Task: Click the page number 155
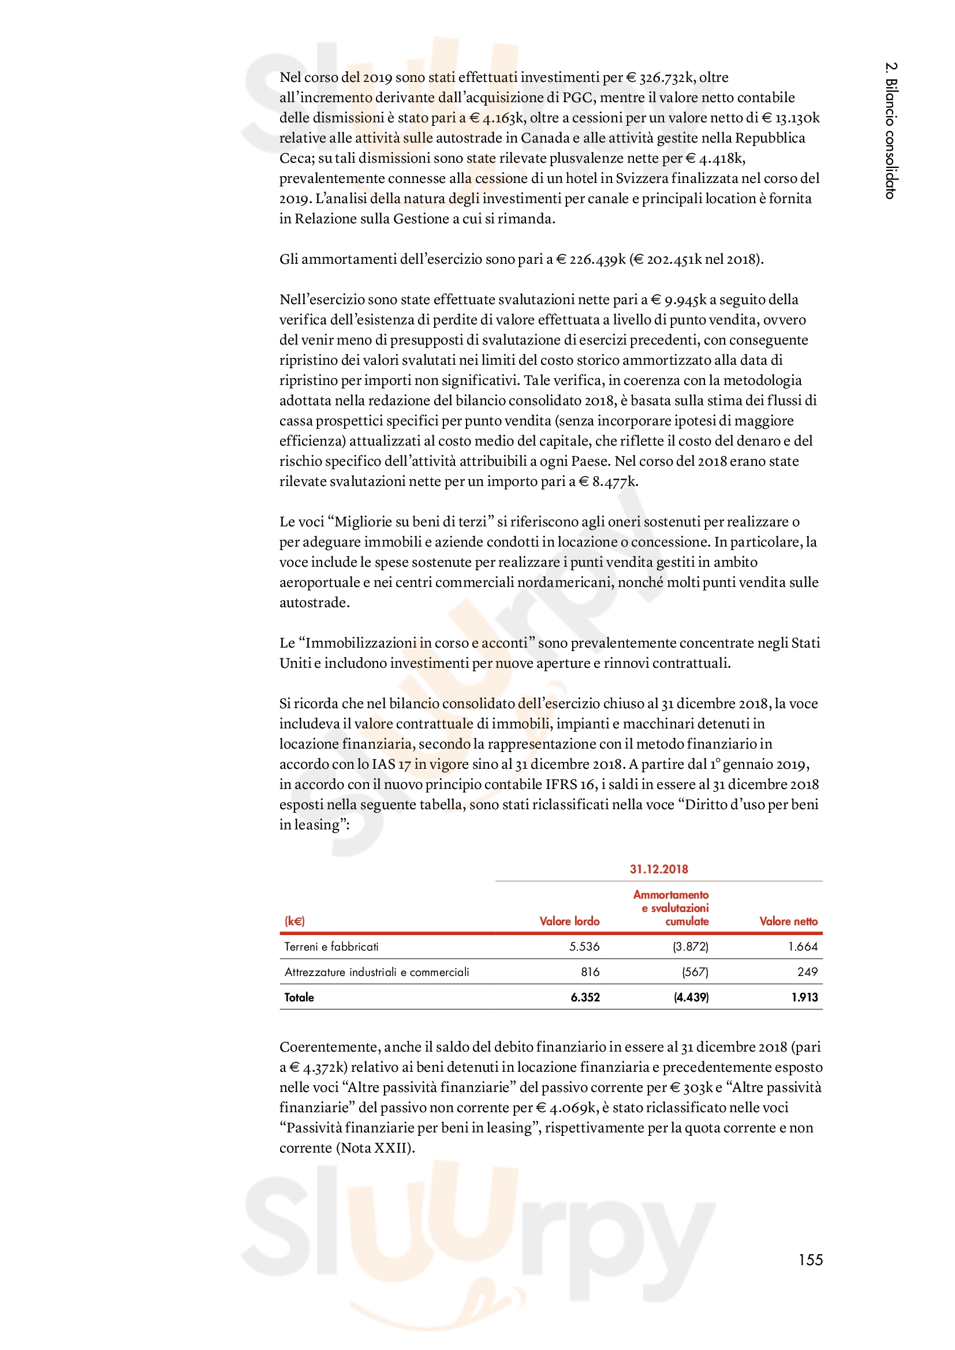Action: [810, 1259]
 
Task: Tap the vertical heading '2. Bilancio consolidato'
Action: [891, 130]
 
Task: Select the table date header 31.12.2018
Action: [659, 869]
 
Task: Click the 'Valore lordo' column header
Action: [569, 921]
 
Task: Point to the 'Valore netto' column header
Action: [788, 921]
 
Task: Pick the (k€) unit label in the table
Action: [294, 921]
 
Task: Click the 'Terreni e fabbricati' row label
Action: [331, 947]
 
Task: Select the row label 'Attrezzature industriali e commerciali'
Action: [377, 972]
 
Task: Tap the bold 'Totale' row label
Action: [299, 997]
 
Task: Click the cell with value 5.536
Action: [584, 947]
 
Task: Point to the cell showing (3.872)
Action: [691, 947]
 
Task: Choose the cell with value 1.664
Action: [803, 947]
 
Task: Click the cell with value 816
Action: [591, 972]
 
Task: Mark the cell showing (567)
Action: [695, 972]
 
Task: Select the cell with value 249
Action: [807, 972]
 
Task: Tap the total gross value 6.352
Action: [585, 997]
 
